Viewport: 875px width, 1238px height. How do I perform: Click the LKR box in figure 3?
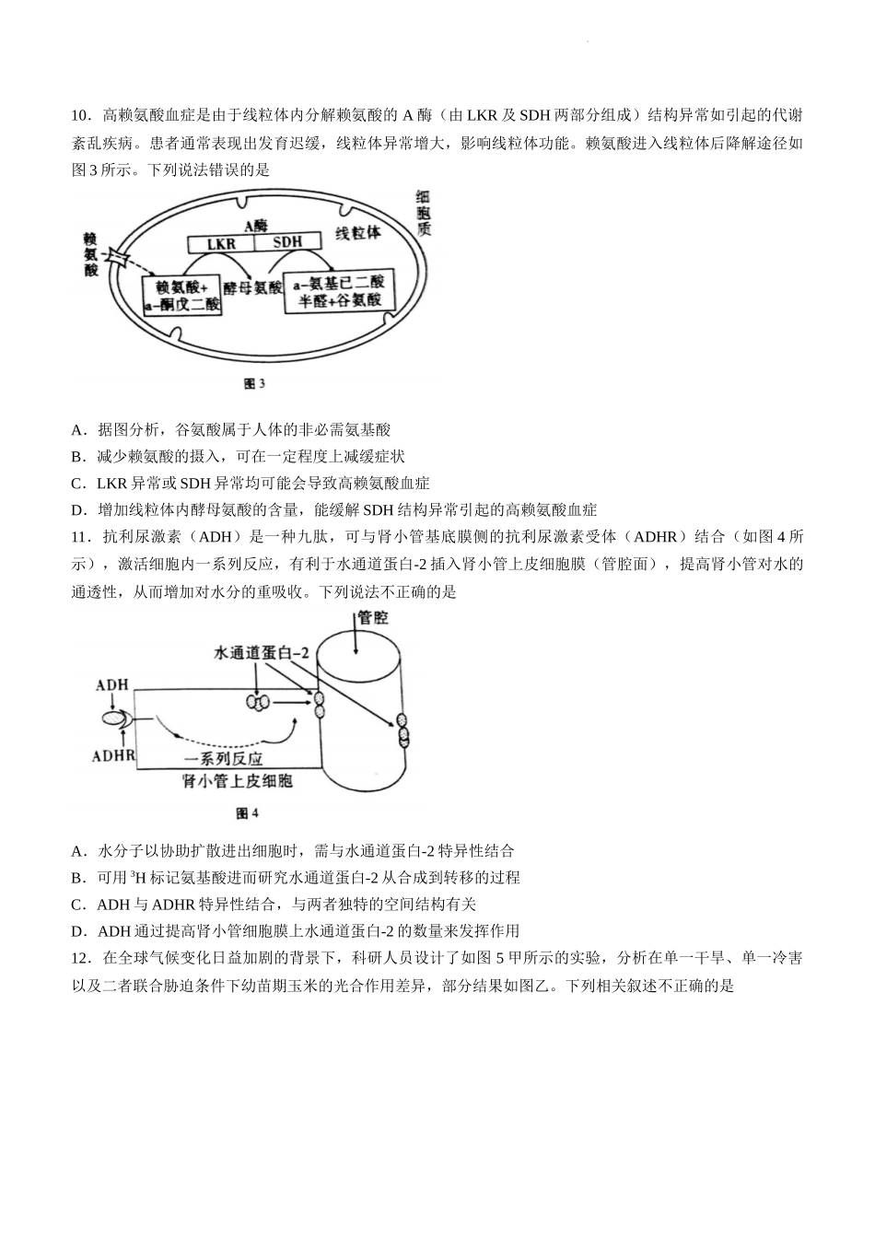click(221, 243)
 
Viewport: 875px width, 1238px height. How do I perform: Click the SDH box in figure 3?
click(287, 242)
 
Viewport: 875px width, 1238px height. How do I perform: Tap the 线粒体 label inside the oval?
click(358, 233)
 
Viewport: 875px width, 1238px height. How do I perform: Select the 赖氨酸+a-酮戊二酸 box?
click(181, 296)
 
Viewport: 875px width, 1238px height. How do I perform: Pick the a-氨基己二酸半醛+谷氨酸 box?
click(338, 292)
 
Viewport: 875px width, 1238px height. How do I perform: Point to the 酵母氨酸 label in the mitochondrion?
click(252, 287)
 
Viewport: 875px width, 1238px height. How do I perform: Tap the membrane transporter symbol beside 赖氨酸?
click(117, 257)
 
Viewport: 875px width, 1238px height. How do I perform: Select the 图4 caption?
click(247, 813)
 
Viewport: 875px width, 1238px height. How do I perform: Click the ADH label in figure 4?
click(111, 684)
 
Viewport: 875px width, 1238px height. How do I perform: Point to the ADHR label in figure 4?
click(113, 755)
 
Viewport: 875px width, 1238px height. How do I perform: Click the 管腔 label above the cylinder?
click(373, 618)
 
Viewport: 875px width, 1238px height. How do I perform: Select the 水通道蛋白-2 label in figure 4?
click(261, 653)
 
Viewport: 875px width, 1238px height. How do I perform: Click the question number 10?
click(80, 116)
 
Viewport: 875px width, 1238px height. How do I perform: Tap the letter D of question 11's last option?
click(76, 932)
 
